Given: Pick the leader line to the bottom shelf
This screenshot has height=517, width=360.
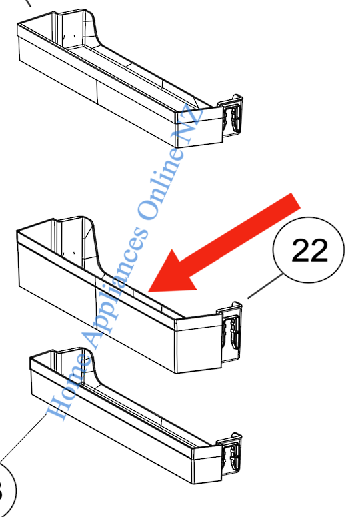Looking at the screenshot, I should pyautogui.click(x=27, y=438).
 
